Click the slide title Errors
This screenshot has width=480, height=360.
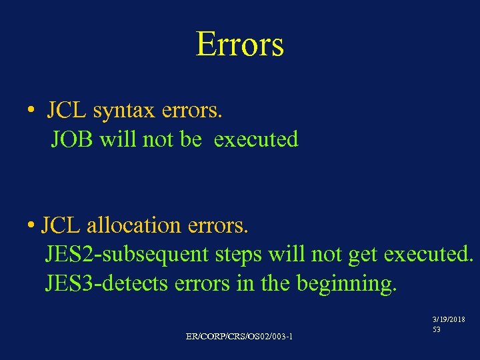click(240, 44)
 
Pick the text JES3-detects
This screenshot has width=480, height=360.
click(107, 283)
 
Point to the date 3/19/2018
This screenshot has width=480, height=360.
click(450, 319)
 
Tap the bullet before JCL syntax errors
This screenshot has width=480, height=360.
click(32, 111)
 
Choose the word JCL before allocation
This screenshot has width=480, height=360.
click(61, 225)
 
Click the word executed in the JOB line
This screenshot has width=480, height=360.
click(257, 139)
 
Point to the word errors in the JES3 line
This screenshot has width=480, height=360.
click(202, 283)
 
